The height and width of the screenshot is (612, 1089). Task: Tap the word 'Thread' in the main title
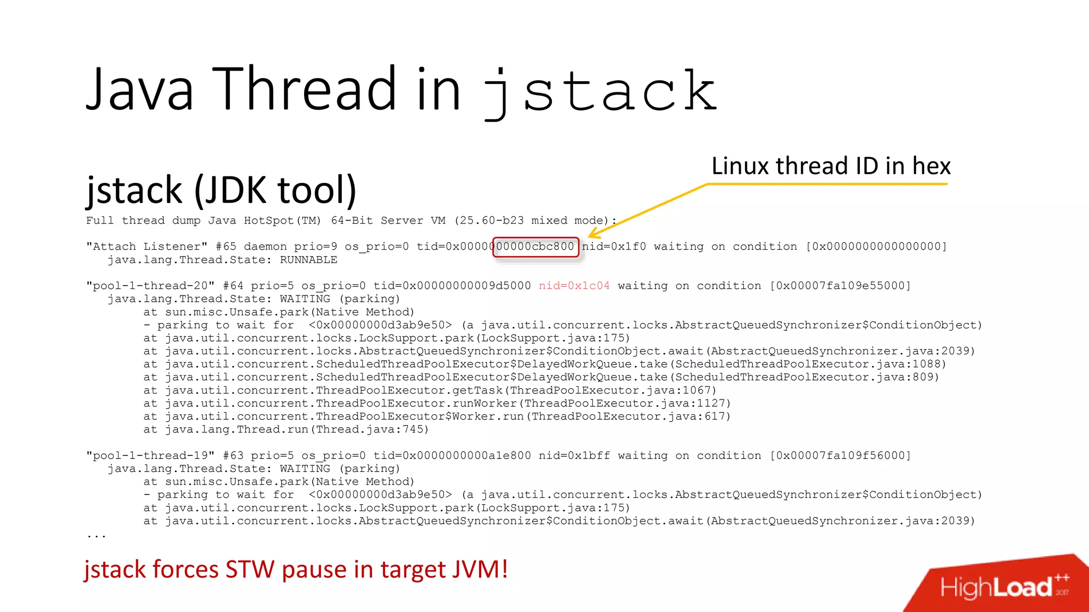pyautogui.click(x=307, y=89)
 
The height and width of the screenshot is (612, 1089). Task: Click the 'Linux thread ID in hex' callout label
pyautogui.click(x=831, y=166)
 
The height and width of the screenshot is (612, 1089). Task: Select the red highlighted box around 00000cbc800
pyautogui.click(x=535, y=247)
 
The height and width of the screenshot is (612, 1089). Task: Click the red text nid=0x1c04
pyautogui.click(x=574, y=286)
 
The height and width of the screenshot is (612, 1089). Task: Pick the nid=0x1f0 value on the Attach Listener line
pyautogui.click(x=614, y=246)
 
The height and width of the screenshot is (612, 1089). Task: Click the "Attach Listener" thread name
pyautogui.click(x=147, y=246)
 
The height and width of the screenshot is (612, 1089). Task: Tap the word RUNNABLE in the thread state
pyautogui.click(x=308, y=260)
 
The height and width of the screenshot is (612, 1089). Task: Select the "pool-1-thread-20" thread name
pyautogui.click(x=150, y=286)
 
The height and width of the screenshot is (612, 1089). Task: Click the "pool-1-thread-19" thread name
pyautogui.click(x=150, y=456)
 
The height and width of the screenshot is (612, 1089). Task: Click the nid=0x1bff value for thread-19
pyautogui.click(x=574, y=456)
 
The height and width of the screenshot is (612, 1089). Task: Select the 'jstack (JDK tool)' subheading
pyautogui.click(x=221, y=190)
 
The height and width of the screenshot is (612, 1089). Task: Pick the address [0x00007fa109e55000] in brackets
pyautogui.click(x=840, y=286)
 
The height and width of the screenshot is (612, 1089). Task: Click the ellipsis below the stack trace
pyautogui.click(x=96, y=536)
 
